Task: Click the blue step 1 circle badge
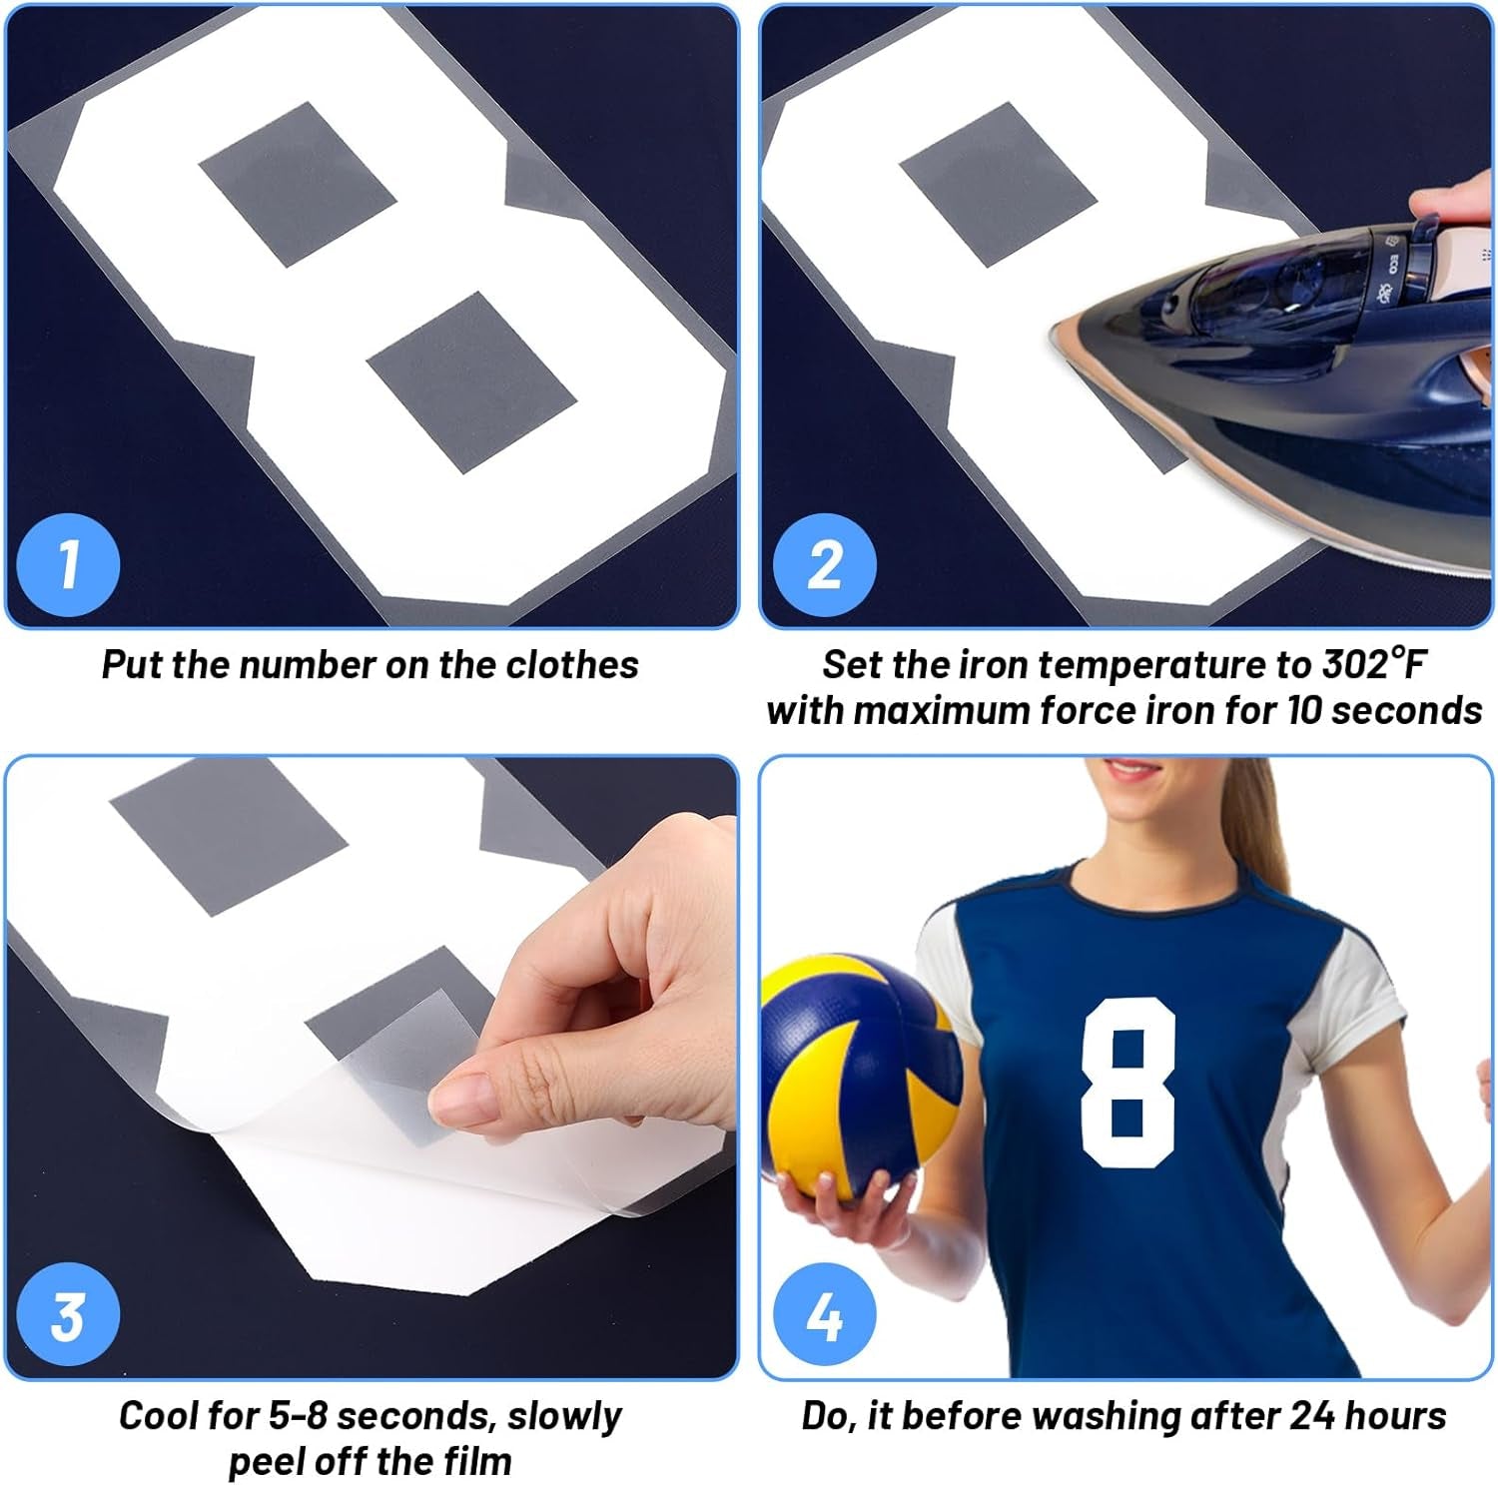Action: pos(68,564)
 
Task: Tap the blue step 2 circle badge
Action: pos(824,564)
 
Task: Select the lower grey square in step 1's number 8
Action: pos(471,381)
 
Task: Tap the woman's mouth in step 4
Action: pos(1130,771)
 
